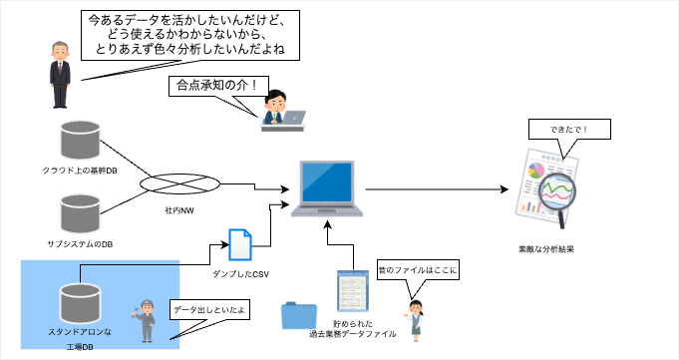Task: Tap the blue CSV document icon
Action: click(x=241, y=245)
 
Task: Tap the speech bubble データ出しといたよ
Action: click(x=208, y=311)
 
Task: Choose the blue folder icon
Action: click(x=298, y=315)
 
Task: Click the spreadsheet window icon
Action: click(x=352, y=293)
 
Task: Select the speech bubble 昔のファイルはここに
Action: click(x=416, y=269)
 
